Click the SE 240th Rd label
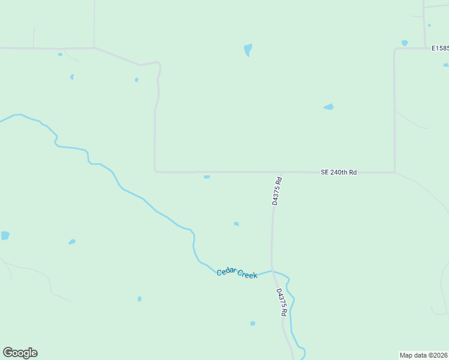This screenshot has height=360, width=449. pyautogui.click(x=339, y=172)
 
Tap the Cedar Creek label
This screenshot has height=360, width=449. pyautogui.click(x=237, y=272)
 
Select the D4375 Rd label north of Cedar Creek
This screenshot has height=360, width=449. pyautogui.click(x=277, y=191)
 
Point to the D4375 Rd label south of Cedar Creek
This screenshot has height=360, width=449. pyautogui.click(x=282, y=302)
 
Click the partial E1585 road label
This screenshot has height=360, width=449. pyautogui.click(x=439, y=48)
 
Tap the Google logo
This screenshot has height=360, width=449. pyautogui.click(x=20, y=353)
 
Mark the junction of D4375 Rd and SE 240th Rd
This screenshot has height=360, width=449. pyautogui.click(x=281, y=172)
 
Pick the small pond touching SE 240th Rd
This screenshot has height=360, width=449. pyautogui.click(x=206, y=176)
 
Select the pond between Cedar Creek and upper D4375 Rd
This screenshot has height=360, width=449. pyautogui.click(x=237, y=224)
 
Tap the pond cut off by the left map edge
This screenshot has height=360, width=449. pyautogui.click(x=4, y=235)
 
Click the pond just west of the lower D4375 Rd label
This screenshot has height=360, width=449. pyautogui.click(x=253, y=323)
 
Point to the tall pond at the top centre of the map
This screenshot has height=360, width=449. pyautogui.click(x=248, y=49)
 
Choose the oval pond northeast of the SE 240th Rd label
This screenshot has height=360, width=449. pyautogui.click(x=328, y=107)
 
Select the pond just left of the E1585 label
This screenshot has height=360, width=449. pyautogui.click(x=405, y=43)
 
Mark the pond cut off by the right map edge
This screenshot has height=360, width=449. pyautogui.click(x=446, y=65)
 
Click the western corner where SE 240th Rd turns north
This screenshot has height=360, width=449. pyautogui.click(x=155, y=171)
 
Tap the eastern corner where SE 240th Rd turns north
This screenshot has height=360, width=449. pyautogui.click(x=394, y=172)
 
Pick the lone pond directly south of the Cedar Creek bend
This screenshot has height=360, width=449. pyautogui.click(x=139, y=299)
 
